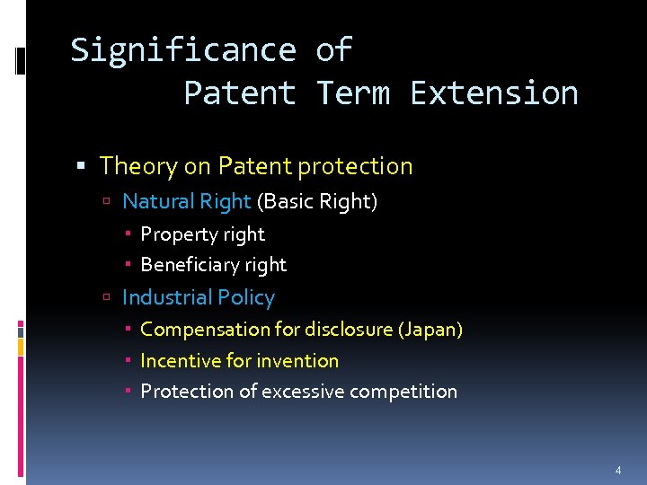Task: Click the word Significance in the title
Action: [x=183, y=50]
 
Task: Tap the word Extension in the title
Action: [x=493, y=93]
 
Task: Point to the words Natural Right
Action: [x=186, y=201]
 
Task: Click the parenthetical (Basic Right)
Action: [x=317, y=201]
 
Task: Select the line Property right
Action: [x=202, y=234]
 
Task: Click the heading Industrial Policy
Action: [x=198, y=297]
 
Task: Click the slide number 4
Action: [x=617, y=470]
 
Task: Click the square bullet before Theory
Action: [x=81, y=167]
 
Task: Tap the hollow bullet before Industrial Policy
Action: [x=106, y=298]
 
